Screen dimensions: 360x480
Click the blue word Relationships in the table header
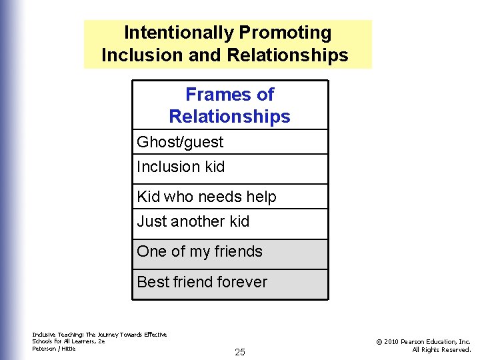[x=229, y=117]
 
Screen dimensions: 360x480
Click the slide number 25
[x=240, y=352]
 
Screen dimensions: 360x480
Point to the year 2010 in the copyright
[x=393, y=341]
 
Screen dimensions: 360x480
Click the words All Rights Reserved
[x=441, y=349]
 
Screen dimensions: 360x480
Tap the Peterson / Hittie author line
[x=54, y=349]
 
